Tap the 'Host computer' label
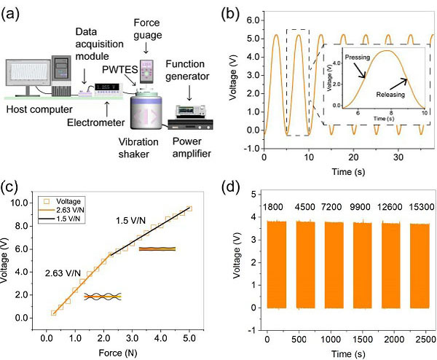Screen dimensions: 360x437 point(37,110)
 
